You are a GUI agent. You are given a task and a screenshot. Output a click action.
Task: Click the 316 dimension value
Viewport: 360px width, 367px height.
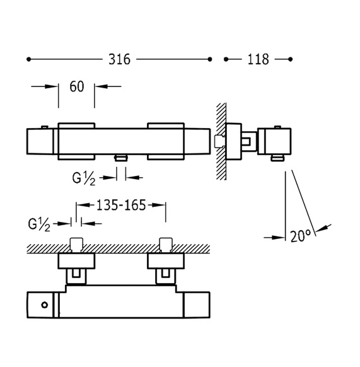119,59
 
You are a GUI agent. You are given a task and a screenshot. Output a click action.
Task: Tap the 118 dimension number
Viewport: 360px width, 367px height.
258,59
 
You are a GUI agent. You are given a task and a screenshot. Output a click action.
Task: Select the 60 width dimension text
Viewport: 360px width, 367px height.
77,86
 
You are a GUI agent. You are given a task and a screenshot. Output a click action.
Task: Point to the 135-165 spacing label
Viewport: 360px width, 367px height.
121,206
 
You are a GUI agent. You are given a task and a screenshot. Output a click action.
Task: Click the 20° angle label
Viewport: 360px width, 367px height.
301,236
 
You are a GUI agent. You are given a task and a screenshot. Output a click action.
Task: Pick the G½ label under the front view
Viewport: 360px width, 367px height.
84,178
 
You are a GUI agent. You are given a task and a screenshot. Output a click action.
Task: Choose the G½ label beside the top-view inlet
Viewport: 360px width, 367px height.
39,224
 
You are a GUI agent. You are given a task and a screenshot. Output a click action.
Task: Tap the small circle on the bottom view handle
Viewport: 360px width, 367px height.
45,305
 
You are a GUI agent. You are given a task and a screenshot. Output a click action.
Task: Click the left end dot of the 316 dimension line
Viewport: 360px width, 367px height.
28,59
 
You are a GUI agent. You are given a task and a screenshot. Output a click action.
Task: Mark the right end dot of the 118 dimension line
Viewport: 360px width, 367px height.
291,59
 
